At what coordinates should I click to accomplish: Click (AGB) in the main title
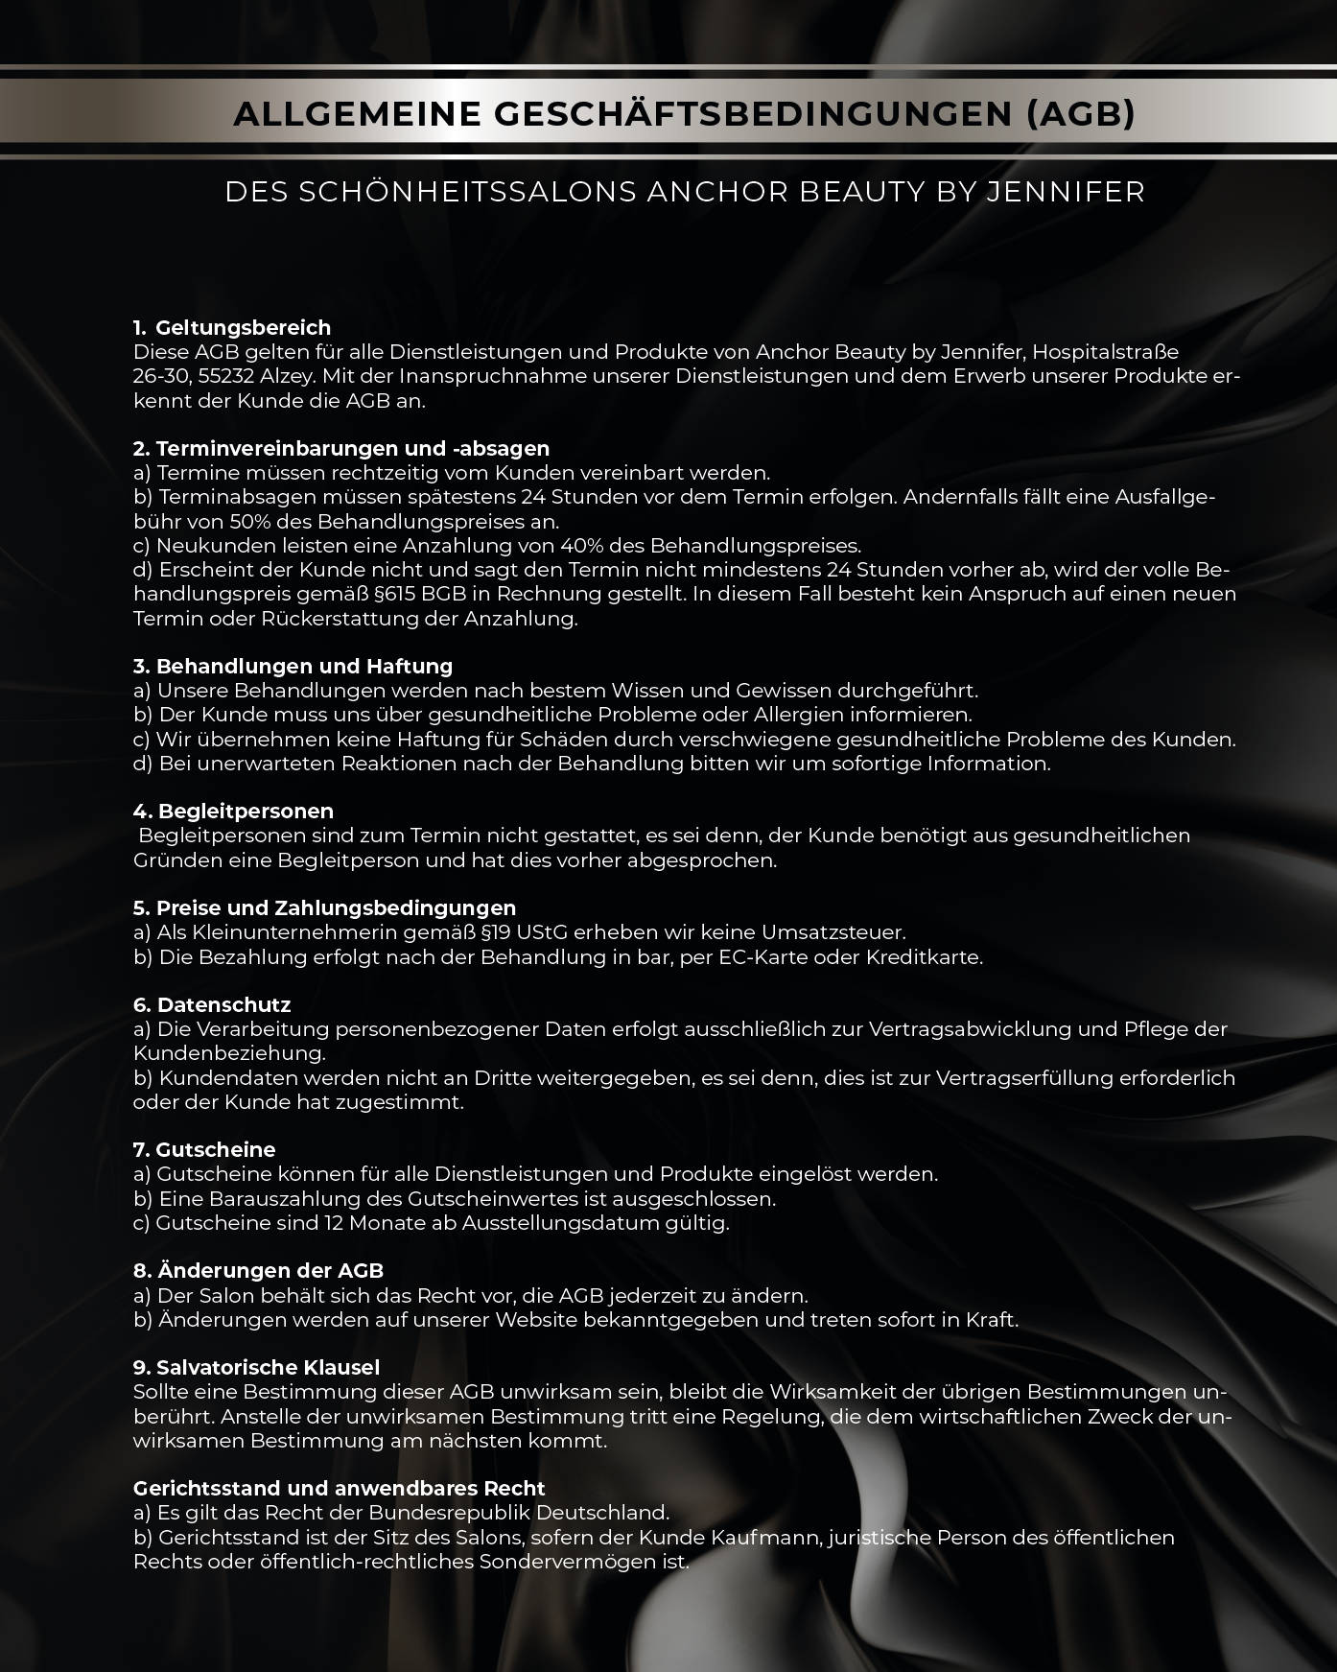click(x=1080, y=114)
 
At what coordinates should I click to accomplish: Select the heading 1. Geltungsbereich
click(x=232, y=328)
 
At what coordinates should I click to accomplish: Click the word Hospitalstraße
click(x=1105, y=352)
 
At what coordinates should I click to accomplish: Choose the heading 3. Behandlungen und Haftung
click(x=293, y=666)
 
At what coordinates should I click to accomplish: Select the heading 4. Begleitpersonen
click(x=233, y=812)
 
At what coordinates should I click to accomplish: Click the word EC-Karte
click(x=763, y=957)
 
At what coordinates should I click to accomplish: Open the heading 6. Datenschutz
click(x=212, y=1005)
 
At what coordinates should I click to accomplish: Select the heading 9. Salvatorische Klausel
click(x=256, y=1368)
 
